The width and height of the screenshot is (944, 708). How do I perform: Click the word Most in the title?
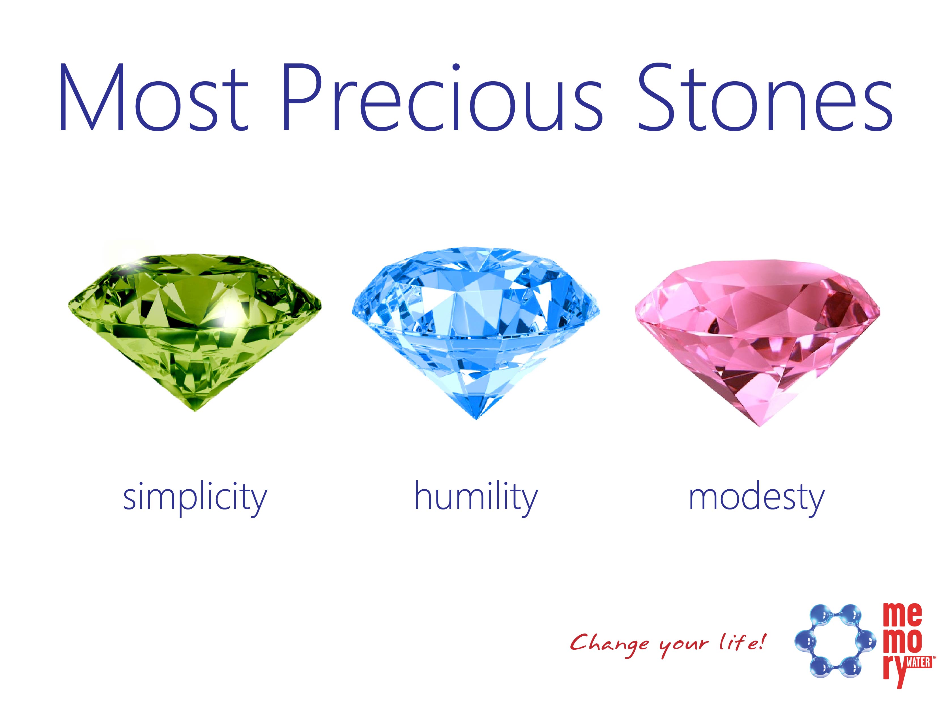[154, 97]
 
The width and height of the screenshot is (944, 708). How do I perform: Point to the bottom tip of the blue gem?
[477, 419]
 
